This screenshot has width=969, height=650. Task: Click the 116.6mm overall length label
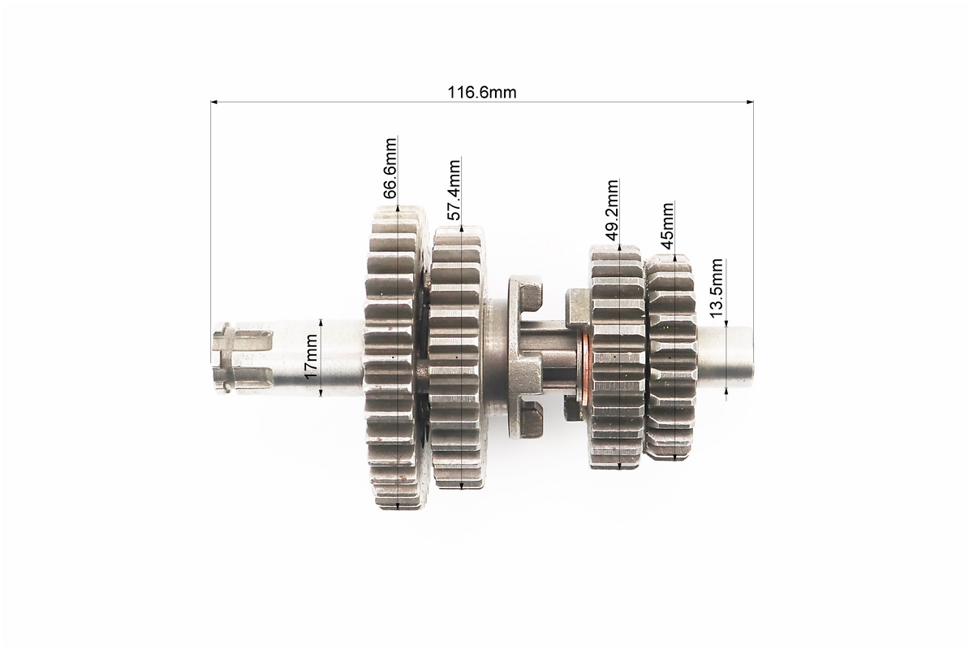coord(482,93)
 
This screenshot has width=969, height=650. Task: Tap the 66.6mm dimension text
coord(390,168)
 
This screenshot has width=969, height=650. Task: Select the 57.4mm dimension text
coord(454,190)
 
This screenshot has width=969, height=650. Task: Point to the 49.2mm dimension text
coord(612,210)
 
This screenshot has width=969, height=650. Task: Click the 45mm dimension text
coord(667,225)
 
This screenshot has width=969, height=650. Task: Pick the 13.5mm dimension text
coord(717,288)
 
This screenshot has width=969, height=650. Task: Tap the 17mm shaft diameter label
coord(311,356)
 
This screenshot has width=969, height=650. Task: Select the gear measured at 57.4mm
coord(459,357)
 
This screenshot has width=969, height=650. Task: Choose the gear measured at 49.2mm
coord(617,357)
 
